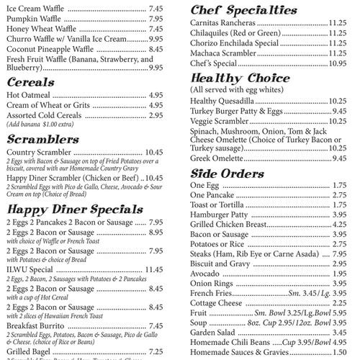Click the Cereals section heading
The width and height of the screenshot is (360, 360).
32,82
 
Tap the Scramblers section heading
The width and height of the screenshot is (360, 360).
42,138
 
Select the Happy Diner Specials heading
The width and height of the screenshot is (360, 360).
74,209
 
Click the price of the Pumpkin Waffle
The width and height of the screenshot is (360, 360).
157,18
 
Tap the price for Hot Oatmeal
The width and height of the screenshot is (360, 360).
157,94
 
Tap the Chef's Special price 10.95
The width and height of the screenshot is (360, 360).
337,63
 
